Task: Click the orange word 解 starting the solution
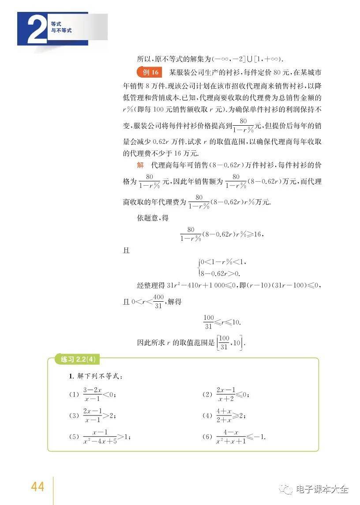point(140,165)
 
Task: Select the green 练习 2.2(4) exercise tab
point(78,359)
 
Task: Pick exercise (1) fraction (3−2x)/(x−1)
point(93,394)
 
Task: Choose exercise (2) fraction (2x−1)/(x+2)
point(225,394)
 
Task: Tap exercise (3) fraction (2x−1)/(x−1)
point(93,415)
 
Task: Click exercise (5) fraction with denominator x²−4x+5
point(100,437)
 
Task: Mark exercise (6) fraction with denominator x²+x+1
point(230,437)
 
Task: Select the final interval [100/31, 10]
point(230,342)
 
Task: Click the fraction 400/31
point(158,302)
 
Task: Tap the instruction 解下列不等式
point(96,377)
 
